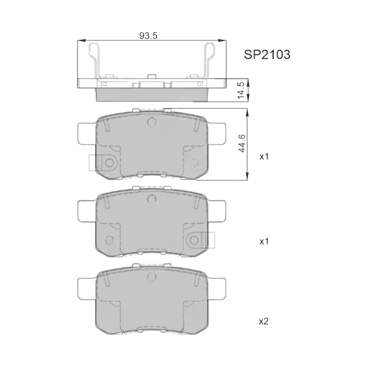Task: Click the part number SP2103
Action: (267, 55)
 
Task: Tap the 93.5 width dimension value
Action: (148, 35)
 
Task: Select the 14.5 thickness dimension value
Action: (241, 90)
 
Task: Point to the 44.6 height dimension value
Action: (242, 143)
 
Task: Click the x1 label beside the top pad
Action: (264, 157)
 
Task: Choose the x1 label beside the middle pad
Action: (264, 242)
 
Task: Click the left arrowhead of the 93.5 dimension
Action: (81, 40)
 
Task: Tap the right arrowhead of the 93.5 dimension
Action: (222, 40)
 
